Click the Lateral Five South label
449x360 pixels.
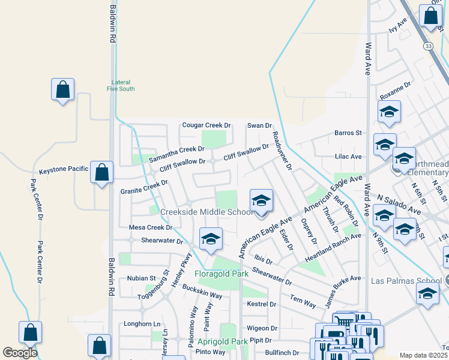click(x=121, y=85)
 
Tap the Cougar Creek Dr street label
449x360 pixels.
click(x=206, y=125)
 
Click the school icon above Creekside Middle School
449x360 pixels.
click(x=261, y=201)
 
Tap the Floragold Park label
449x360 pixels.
click(x=221, y=274)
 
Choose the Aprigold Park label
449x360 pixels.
click(x=223, y=341)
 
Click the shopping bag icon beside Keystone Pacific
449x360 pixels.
click(x=101, y=172)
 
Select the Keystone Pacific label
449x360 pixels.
click(x=64, y=170)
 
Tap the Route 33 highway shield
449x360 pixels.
click(x=427, y=46)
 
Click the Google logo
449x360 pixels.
click(x=20, y=352)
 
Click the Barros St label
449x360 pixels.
click(x=349, y=133)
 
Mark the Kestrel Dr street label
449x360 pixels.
click(x=262, y=305)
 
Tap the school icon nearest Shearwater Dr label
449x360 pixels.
click(x=211, y=239)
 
